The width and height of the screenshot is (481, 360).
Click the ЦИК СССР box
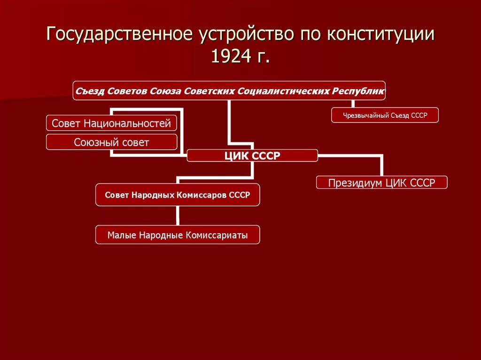[x=252, y=155]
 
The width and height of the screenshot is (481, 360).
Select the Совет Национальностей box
[x=111, y=123]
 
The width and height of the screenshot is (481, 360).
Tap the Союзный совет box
[x=111, y=142]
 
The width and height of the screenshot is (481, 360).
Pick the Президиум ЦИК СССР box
[x=381, y=183]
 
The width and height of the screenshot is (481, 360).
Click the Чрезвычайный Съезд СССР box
[x=385, y=115]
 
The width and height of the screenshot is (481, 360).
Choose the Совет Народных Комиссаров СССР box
[x=178, y=194]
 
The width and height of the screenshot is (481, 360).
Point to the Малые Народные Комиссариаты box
[x=178, y=235]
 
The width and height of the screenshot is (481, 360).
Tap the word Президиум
[x=355, y=183]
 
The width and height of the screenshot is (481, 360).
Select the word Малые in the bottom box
[x=121, y=235]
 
